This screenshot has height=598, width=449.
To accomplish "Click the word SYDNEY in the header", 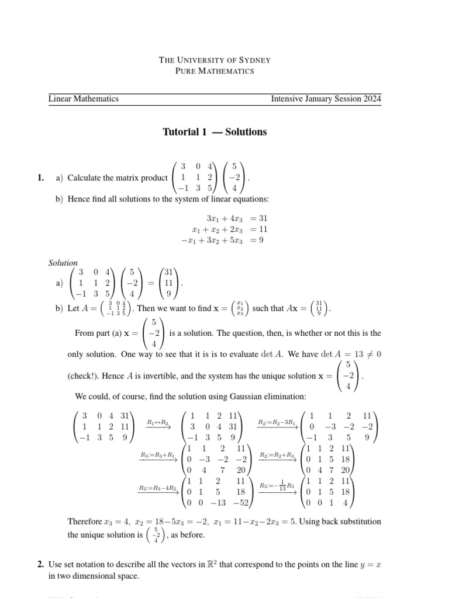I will point(255,60).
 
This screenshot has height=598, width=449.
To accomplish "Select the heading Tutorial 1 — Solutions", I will point(215,132).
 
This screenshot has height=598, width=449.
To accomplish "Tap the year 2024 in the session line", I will point(371,99).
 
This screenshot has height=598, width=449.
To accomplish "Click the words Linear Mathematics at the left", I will point(84,99).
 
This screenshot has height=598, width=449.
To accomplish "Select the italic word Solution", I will point(63,263).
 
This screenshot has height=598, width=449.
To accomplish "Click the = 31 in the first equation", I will point(258,218).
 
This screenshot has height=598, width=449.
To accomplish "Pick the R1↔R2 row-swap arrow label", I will point(158,422).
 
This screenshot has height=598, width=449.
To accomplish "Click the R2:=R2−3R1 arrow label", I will point(277,422).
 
